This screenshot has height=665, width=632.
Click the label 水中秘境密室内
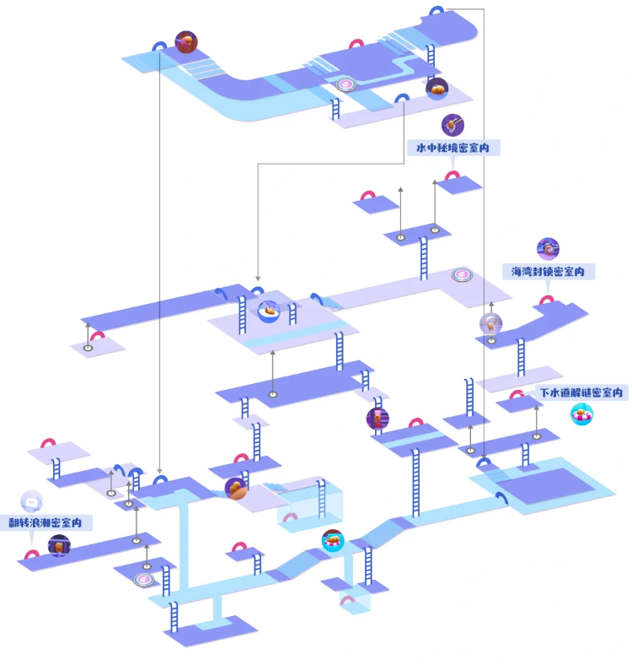(452, 148)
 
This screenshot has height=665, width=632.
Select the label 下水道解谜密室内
(581, 393)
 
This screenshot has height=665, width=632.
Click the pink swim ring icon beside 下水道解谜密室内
(581, 414)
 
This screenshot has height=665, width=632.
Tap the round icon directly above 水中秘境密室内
(454, 124)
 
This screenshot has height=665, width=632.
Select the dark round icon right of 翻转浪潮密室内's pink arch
(58, 545)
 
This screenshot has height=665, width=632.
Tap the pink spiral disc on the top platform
(346, 85)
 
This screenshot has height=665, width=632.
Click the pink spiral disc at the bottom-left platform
(144, 580)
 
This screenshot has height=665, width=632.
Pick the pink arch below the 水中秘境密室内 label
(453, 176)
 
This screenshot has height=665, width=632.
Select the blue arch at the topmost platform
(437, 12)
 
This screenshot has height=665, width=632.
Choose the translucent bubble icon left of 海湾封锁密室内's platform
(490, 323)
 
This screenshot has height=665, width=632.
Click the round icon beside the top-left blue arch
(185, 41)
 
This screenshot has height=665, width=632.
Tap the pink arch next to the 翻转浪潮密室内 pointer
(32, 555)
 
